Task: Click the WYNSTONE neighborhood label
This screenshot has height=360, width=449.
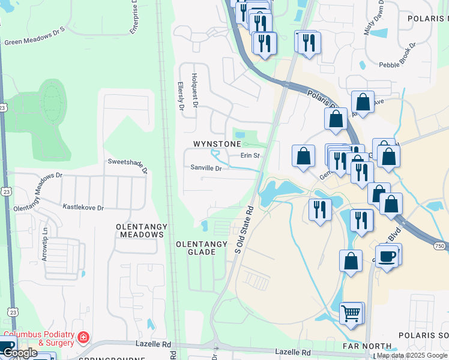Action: (x=217, y=144)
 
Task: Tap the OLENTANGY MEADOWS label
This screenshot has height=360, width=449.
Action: (x=139, y=230)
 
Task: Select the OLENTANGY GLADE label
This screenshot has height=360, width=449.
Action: (x=202, y=248)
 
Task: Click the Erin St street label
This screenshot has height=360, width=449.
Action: (x=250, y=155)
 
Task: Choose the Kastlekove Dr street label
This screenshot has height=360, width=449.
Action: (x=83, y=207)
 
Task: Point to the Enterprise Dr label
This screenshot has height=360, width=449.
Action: (x=136, y=16)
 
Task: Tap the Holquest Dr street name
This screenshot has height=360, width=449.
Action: (x=194, y=90)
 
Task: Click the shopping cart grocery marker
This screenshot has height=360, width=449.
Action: (x=352, y=313)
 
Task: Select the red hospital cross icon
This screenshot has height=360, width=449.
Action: (x=82, y=338)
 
